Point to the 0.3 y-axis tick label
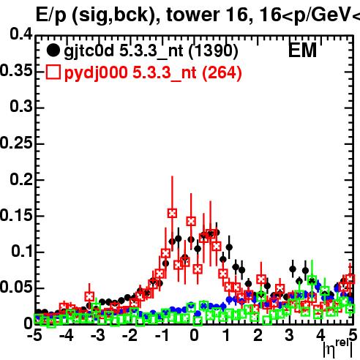pos(21,107)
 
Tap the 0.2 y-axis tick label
pos(21,179)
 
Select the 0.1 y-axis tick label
pos(22,251)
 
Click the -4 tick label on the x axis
pos(67,336)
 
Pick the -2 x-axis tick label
pos(130,336)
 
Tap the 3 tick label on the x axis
pos(289,336)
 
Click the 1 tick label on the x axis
pos(226,336)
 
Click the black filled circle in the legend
pos(53,50)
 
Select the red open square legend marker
pos(53,72)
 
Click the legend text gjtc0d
pos(89,51)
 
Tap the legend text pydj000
pos(96,73)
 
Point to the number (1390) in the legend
pos(213,51)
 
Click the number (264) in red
pos(222,73)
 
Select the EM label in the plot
pos(302,50)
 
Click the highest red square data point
pos(172,213)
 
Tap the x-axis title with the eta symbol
pos(338,348)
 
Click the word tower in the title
pos(192,15)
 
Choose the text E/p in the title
pos(51,16)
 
